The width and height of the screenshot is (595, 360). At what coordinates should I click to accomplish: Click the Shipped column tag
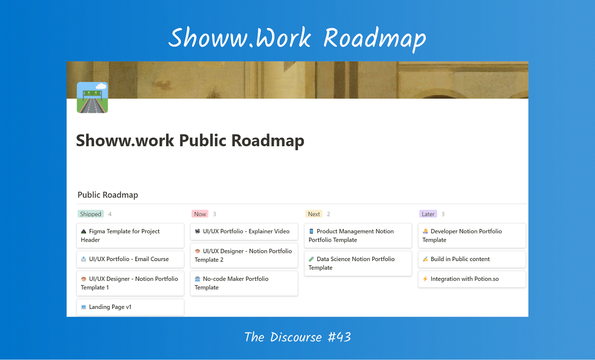point(91,214)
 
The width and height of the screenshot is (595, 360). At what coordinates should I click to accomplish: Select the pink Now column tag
point(200,214)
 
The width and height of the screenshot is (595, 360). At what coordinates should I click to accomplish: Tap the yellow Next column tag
point(314,214)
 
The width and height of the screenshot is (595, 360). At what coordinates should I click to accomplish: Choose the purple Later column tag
point(428,214)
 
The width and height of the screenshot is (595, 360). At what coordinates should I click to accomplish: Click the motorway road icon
point(92,98)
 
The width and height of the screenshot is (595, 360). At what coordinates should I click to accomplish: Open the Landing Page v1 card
point(130,307)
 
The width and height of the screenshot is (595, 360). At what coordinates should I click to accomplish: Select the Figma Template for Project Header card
point(130,236)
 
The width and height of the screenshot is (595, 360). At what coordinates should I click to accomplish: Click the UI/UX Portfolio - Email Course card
point(130,259)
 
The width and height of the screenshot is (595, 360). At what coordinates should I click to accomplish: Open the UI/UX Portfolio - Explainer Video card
point(244,231)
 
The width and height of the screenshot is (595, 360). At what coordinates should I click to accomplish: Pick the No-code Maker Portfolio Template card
point(244,283)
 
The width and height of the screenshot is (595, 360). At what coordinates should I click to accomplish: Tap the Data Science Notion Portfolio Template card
point(358,263)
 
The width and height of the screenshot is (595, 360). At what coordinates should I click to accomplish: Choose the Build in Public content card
point(472,259)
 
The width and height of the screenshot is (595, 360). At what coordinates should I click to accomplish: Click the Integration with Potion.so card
point(472,279)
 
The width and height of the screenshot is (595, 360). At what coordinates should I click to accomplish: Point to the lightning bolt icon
point(425,279)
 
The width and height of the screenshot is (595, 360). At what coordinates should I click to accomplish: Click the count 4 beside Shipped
point(110,214)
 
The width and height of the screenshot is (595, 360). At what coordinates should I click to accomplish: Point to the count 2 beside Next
point(329,214)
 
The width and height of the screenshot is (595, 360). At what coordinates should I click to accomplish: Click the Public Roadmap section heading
point(107,195)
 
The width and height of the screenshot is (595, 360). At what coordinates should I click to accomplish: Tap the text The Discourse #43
point(297,337)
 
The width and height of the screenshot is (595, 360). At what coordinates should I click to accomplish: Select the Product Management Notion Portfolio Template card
point(358,236)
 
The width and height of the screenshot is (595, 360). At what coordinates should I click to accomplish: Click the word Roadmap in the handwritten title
point(374,38)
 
